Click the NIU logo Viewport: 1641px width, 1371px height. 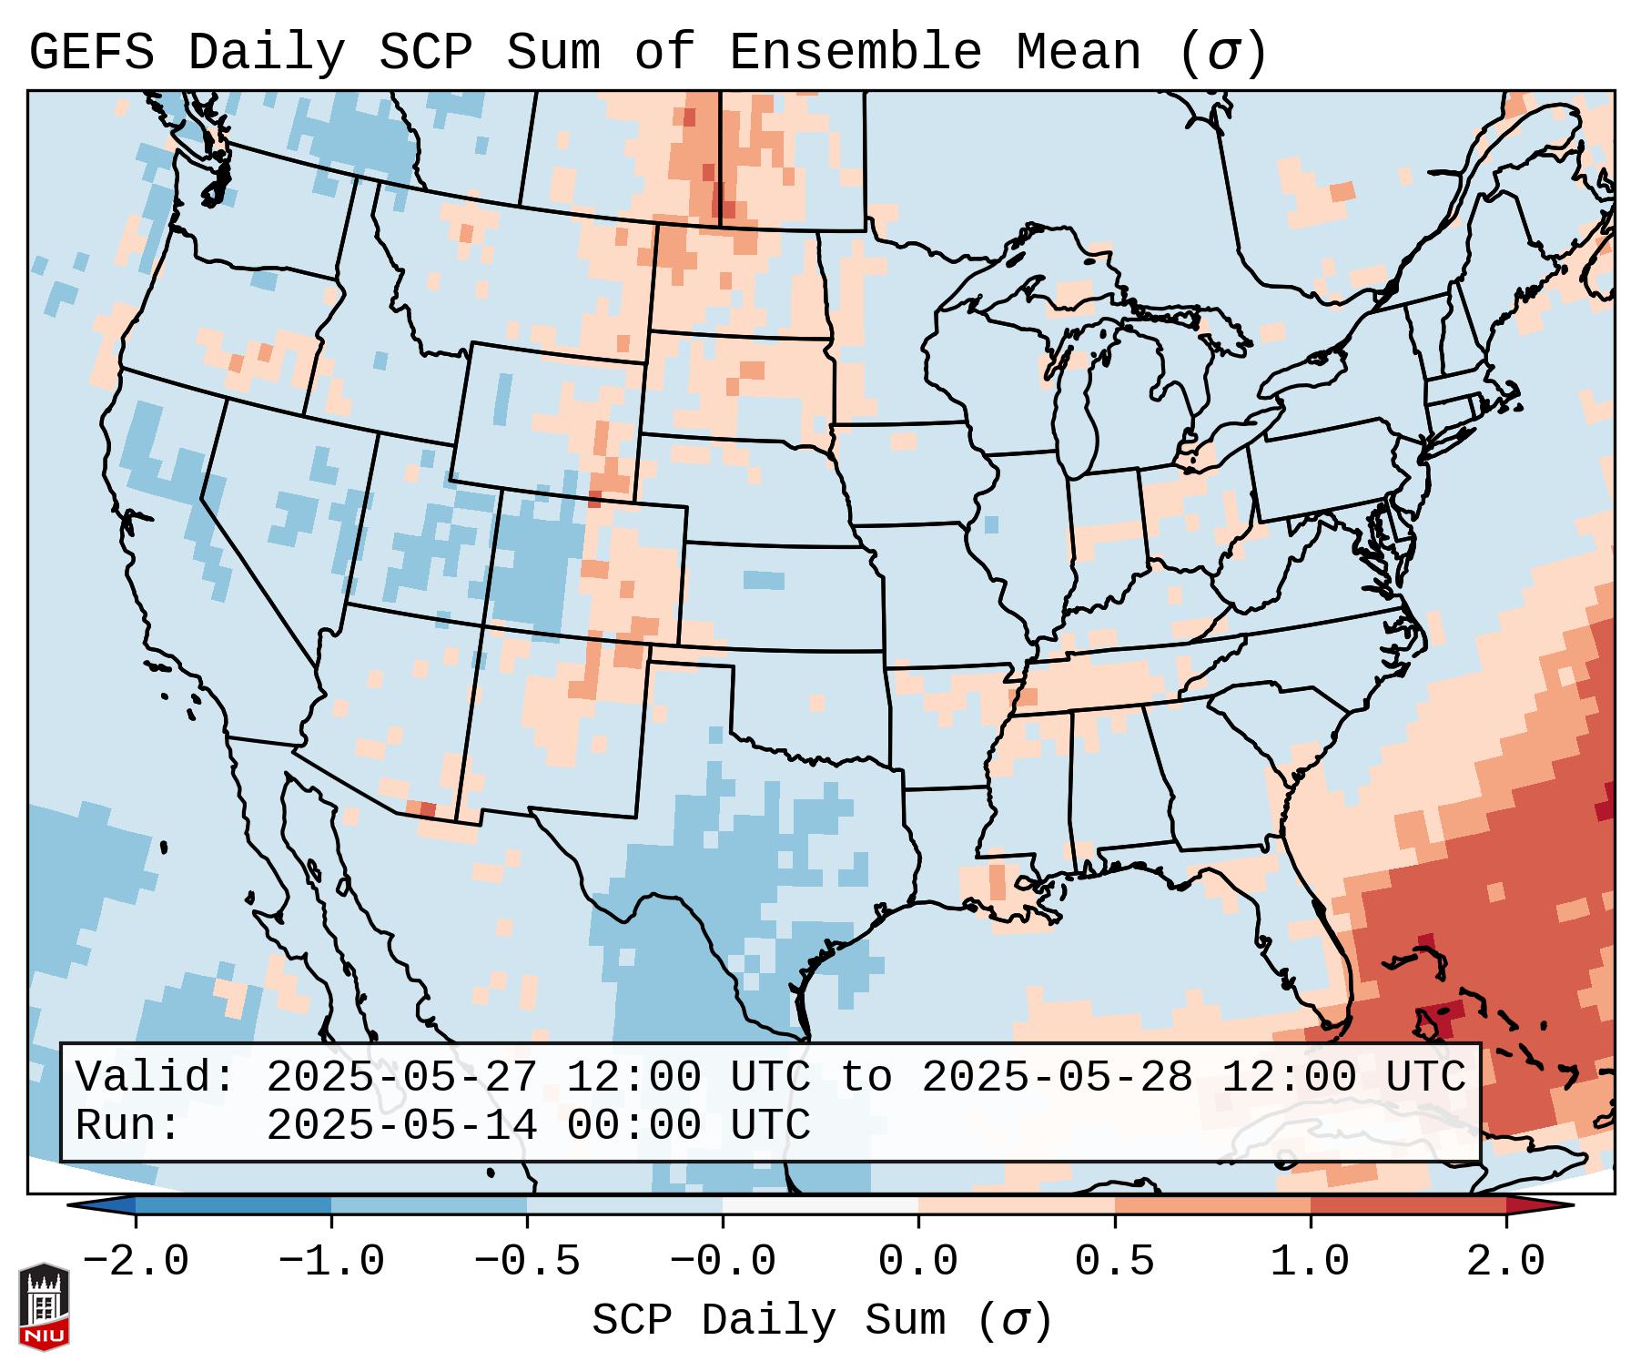(44, 1305)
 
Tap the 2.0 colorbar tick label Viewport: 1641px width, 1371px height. (1505, 1262)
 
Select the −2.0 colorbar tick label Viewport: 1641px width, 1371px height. (136, 1262)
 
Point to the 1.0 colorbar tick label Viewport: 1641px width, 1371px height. (1310, 1262)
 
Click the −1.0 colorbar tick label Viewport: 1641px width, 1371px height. (331, 1262)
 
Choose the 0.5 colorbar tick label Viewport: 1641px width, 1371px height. (1114, 1262)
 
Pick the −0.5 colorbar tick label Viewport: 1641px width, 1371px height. (527, 1262)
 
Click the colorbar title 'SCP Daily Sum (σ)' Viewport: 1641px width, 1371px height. (822, 1320)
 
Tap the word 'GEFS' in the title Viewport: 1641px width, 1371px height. (91, 53)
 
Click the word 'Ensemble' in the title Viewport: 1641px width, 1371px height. (855, 53)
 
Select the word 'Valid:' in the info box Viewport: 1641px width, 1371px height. (156, 1077)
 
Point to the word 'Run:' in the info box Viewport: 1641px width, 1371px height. (128, 1125)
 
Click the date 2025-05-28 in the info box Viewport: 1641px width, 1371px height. (1057, 1077)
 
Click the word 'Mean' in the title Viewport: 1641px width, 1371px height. (1078, 53)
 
